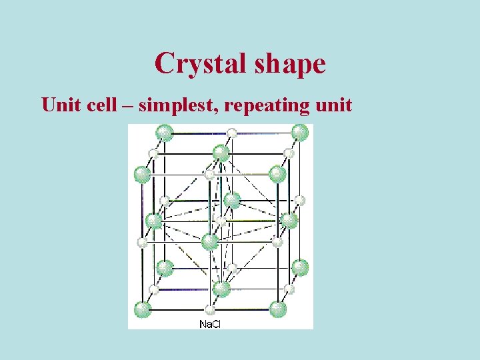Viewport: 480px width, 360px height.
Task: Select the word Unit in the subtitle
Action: [x=59, y=105]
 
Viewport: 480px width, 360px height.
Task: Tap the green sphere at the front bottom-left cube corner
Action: [x=143, y=309]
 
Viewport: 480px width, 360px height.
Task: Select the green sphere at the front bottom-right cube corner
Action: [x=277, y=309]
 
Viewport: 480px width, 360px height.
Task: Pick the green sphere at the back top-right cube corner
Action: [x=300, y=132]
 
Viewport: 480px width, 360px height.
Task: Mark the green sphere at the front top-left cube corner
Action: [x=143, y=175]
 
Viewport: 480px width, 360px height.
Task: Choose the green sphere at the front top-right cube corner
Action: [x=277, y=175]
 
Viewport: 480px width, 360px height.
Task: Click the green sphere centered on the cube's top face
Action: [x=221, y=153]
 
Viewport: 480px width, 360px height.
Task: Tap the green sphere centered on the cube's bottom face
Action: [x=221, y=289]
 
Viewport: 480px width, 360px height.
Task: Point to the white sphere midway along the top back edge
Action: [x=232, y=133]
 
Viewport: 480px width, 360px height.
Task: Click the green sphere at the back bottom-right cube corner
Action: [x=300, y=267]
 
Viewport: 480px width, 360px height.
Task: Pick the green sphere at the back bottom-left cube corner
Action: [x=165, y=268]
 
